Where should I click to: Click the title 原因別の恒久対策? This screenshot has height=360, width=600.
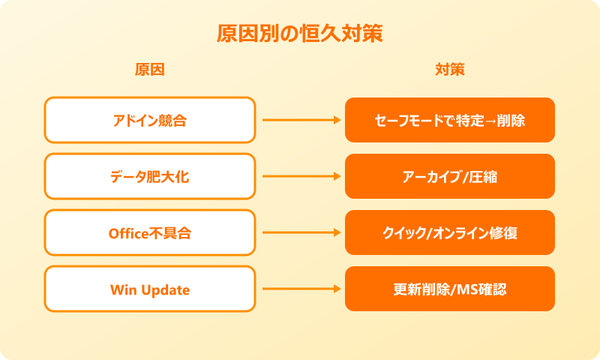click(299, 34)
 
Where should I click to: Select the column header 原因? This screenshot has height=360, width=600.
click(149, 70)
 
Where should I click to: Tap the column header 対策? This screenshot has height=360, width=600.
click(449, 70)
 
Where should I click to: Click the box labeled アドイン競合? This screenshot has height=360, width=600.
click(149, 120)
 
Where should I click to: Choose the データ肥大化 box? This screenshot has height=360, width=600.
click(149, 176)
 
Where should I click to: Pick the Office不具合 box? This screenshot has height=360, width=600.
click(149, 232)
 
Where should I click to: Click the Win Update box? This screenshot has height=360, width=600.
click(149, 289)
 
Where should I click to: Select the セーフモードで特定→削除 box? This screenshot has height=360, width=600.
click(449, 120)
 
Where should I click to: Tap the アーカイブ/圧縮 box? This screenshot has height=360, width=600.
click(449, 176)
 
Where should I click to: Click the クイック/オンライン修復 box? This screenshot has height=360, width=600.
click(449, 232)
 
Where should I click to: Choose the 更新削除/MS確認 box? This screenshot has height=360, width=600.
click(449, 289)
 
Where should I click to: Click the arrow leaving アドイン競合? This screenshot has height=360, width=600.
click(300, 120)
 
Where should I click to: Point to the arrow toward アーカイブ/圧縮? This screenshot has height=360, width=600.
click(300, 176)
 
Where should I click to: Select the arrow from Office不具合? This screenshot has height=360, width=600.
click(300, 232)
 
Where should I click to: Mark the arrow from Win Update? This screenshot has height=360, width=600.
click(300, 289)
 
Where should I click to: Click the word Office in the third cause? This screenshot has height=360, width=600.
click(129, 232)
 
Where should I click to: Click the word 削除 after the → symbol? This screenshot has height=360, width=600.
click(511, 120)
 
